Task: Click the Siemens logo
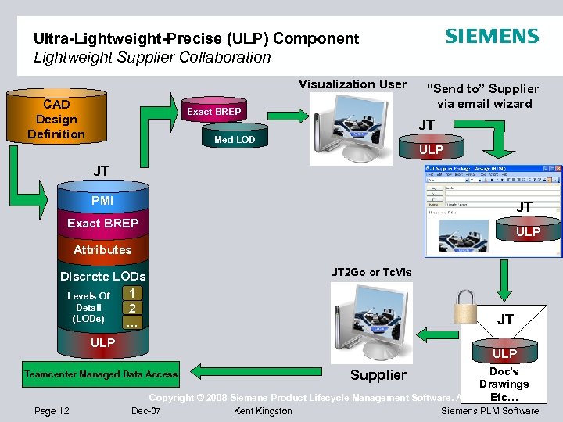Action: [492, 37]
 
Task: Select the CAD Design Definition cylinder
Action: [56, 120]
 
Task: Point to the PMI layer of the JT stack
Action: [102, 201]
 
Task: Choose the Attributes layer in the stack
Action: [102, 250]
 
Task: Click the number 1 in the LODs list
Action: [133, 293]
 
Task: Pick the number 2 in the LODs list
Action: [133, 308]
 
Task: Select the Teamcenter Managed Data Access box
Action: [101, 374]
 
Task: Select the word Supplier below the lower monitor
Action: [378, 375]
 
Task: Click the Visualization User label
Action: [353, 84]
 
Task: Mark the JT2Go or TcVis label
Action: [371, 272]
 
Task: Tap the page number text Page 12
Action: [52, 411]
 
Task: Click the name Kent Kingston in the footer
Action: [263, 411]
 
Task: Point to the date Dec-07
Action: [146, 411]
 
